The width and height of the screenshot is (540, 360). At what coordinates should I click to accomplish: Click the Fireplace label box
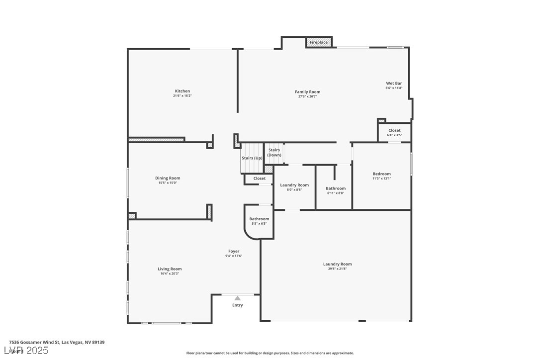click(x=319, y=42)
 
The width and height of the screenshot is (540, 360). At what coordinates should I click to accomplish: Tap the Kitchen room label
click(x=182, y=91)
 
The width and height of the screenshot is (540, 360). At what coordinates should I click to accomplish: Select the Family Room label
click(x=307, y=92)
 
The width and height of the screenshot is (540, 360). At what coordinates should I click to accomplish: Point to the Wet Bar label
click(x=394, y=84)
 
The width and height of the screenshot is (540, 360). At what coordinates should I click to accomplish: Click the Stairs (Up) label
click(x=252, y=158)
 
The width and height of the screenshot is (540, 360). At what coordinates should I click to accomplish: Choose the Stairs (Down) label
click(x=274, y=152)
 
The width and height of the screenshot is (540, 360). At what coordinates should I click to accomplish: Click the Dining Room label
click(x=168, y=178)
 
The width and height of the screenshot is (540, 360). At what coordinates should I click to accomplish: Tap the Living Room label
click(x=170, y=269)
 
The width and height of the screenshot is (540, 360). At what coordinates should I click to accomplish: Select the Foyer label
click(x=234, y=252)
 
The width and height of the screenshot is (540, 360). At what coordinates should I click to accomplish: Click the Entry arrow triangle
click(x=238, y=298)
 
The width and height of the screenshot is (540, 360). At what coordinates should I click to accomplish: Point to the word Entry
click(x=238, y=305)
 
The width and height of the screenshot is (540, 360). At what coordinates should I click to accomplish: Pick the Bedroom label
click(x=382, y=174)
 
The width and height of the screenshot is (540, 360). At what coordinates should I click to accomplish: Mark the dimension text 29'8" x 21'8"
click(x=337, y=269)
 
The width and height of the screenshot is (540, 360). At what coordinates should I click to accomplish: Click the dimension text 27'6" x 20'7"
click(x=307, y=96)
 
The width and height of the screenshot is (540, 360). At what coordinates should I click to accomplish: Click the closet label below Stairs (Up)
click(x=259, y=179)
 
